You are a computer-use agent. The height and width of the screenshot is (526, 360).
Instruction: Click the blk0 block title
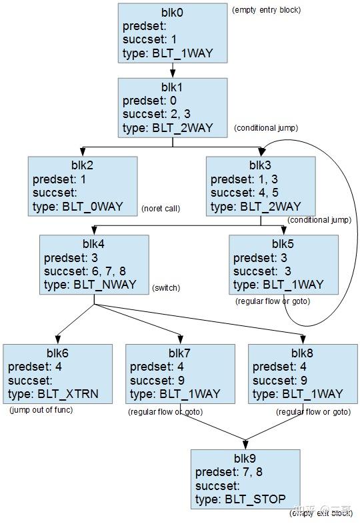(x=173, y=12)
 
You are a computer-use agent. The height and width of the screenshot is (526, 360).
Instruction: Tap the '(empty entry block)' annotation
(x=266, y=10)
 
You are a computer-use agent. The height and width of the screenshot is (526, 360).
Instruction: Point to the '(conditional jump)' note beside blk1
(x=266, y=128)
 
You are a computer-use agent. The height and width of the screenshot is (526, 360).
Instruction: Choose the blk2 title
(x=83, y=165)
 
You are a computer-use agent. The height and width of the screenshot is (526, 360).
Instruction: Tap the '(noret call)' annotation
(x=161, y=209)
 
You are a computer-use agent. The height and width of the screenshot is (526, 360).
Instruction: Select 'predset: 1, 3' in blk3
(x=244, y=179)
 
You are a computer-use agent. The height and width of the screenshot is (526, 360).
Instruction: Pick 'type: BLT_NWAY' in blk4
(x=90, y=285)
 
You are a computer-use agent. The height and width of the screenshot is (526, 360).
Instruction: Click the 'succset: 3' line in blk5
(x=263, y=271)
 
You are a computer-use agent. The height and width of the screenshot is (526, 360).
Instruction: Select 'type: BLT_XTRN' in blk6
(x=53, y=394)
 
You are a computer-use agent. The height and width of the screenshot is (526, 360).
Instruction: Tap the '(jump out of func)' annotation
(x=41, y=410)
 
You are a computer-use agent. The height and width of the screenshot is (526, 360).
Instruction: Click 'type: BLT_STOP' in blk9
(x=241, y=499)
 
